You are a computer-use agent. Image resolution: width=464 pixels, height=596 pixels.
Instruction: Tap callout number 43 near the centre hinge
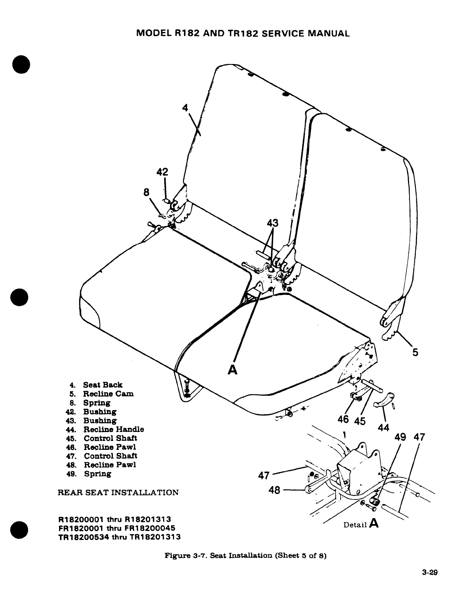(272, 223)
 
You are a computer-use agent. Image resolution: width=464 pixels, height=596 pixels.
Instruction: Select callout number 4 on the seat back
(185, 108)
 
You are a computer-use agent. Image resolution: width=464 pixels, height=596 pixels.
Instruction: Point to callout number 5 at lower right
(415, 352)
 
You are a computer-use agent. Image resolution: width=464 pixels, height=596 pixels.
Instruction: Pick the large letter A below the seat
(232, 369)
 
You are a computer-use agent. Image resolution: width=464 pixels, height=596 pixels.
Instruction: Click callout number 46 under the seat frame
(343, 420)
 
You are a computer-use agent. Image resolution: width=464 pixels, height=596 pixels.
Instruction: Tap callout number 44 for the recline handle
(383, 428)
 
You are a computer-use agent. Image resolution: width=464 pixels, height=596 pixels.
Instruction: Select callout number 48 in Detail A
(274, 490)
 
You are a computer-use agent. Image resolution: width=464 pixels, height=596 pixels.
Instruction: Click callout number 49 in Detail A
(400, 437)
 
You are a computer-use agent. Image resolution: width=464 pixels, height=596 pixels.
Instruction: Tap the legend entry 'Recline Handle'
(114, 429)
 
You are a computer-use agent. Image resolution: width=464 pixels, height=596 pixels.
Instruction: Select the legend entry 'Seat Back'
(103, 385)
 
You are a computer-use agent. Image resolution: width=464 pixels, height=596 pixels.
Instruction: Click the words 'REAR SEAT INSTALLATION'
(118, 492)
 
